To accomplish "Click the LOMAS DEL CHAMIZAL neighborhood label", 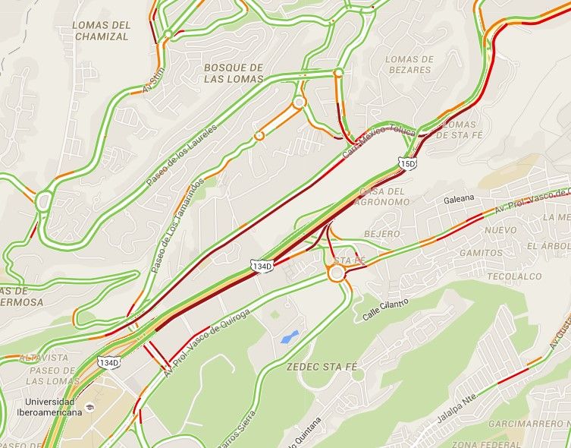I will pos(101,30).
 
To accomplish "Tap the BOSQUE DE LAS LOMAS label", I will pos(234,73).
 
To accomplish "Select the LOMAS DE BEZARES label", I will pos(409,65).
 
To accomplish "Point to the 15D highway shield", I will pos(408,163).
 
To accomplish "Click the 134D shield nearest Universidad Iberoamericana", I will pos(109,363).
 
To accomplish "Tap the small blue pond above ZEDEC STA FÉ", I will pos(289,337).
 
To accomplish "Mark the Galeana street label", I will pos(460,199).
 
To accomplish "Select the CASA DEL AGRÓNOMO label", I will pos(385,197).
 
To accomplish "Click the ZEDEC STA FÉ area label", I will pos(322,366).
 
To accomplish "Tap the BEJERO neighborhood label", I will pos(381,234).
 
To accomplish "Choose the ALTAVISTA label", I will pos(44,358).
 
